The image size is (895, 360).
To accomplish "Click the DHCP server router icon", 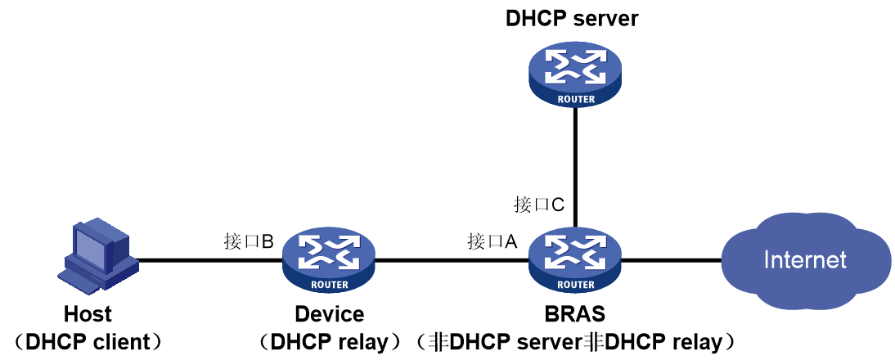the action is [x=575, y=74].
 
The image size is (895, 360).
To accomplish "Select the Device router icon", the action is [x=329, y=260].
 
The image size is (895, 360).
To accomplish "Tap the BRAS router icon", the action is [x=575, y=260].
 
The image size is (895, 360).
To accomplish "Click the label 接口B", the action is [x=249, y=241].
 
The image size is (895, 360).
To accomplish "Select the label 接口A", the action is [x=492, y=241].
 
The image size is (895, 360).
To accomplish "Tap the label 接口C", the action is [x=539, y=205].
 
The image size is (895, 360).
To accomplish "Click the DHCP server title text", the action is [x=572, y=18].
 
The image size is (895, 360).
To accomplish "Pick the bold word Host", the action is [x=88, y=314].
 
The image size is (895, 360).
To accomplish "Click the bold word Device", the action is [x=329, y=314].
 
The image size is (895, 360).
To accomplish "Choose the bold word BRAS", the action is [x=576, y=314].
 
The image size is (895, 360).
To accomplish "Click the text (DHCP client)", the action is [x=88, y=342].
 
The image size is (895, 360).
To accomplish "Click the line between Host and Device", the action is [x=210, y=261].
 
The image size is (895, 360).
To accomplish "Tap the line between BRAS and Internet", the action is [x=672, y=261].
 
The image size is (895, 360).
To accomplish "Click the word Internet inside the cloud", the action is [x=805, y=260].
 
